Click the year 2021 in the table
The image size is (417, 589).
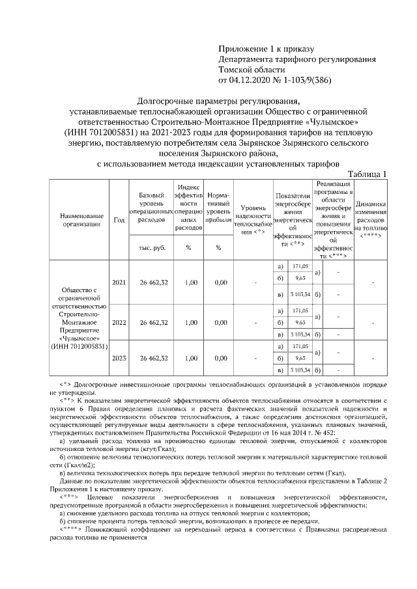coord(119,283)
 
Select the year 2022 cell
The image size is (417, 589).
coord(119,322)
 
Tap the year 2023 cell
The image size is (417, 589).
coord(119,358)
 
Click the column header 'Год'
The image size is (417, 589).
coord(119,220)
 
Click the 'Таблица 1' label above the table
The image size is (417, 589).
coord(367,174)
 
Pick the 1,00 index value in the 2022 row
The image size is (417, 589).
coord(190,322)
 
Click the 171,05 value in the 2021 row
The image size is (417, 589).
coord(300,267)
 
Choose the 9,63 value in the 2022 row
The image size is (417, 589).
coord(300,322)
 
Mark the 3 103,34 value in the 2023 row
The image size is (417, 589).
coord(300,370)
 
